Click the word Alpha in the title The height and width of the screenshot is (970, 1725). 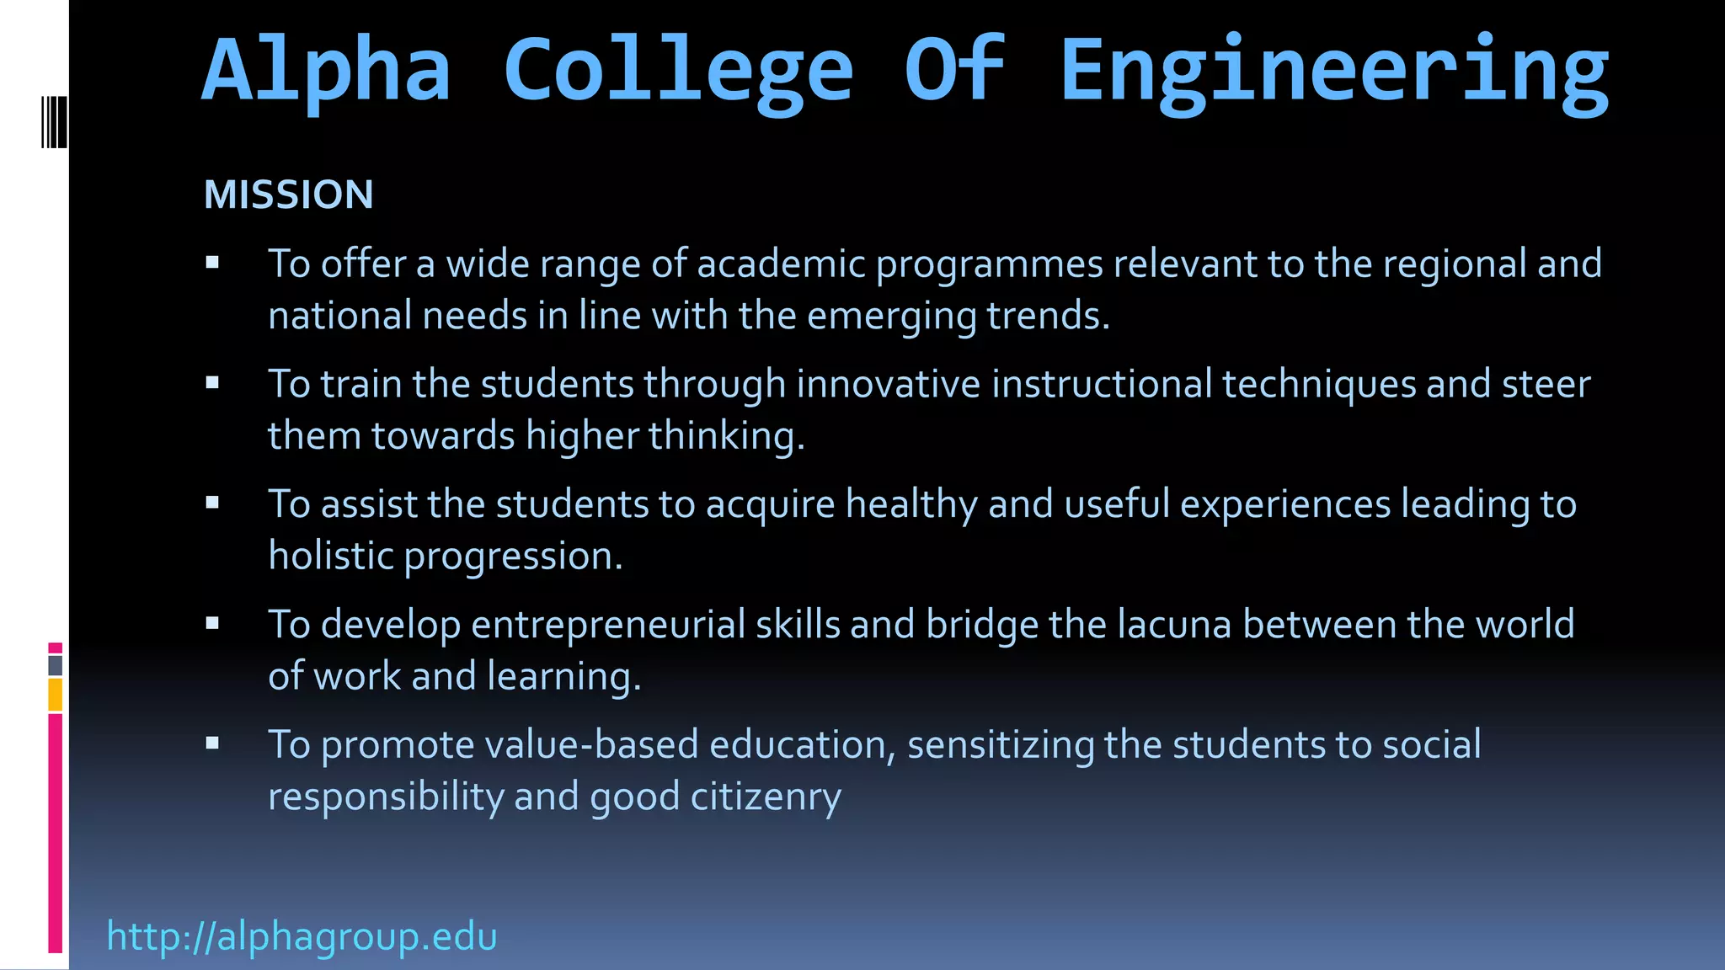[x=327, y=72]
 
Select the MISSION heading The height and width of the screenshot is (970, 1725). [x=288, y=195]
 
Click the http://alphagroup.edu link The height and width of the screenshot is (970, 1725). [x=302, y=936]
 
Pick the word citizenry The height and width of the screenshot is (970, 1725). [x=765, y=797]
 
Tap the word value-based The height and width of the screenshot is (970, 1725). [x=592, y=745]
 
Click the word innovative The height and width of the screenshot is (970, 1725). [x=889, y=384]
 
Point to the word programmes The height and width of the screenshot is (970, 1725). [x=989, y=264]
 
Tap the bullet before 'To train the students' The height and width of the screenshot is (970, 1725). [x=212, y=383]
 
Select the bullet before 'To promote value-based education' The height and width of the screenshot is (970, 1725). [x=212, y=743]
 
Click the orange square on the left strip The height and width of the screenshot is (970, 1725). [x=56, y=696]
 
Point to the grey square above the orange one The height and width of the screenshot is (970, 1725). [x=56, y=665]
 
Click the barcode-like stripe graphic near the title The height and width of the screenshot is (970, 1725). [x=54, y=122]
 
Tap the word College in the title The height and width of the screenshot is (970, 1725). [x=678, y=72]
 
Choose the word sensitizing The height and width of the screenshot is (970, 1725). [x=1000, y=745]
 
